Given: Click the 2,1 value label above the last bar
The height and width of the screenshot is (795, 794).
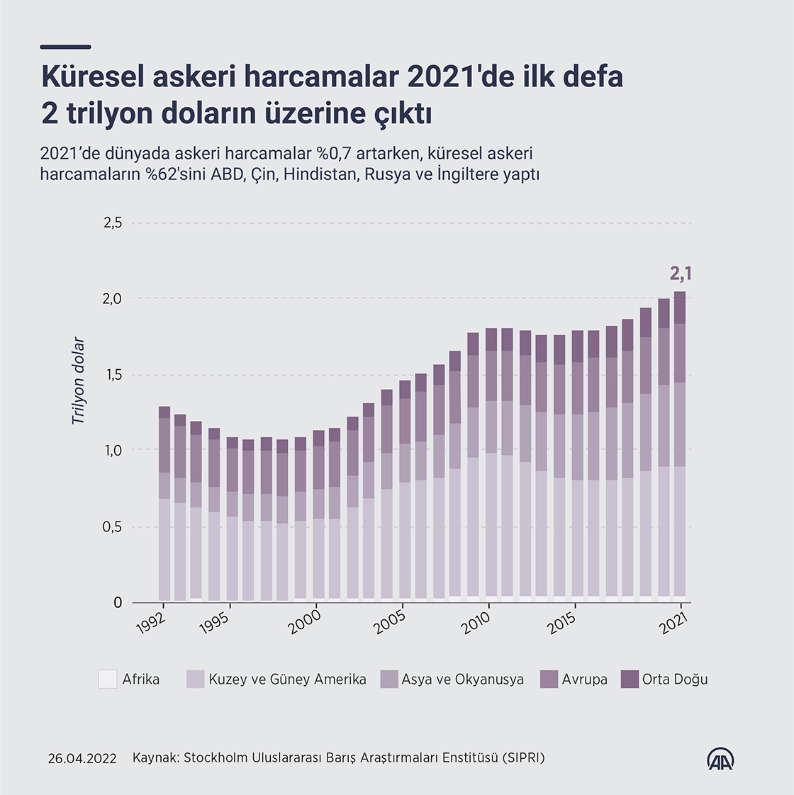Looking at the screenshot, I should tap(681, 274).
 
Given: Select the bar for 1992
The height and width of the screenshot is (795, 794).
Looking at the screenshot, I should tap(164, 503).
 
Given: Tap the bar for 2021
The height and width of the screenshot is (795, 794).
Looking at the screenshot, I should tap(680, 446).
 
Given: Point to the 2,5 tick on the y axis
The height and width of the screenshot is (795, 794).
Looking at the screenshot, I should tap(113, 223).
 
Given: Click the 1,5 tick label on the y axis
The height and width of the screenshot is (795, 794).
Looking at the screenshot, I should tap(113, 375).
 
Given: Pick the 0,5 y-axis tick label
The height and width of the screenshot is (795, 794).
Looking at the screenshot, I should tap(113, 527).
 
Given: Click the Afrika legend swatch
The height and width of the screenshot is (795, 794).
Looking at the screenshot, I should tap(107, 679).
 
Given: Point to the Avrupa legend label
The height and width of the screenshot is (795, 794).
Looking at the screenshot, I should tap(584, 679).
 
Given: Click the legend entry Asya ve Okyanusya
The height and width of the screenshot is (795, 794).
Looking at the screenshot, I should tap(462, 679).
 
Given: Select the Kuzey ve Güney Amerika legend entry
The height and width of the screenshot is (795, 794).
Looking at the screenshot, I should tap(287, 679).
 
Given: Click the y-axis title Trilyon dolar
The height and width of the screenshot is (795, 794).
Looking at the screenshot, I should tap(78, 380).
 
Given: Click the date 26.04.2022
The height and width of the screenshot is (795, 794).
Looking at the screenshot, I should tap(82, 758).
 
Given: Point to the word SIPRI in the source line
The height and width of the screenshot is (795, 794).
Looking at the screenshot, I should tap(523, 758).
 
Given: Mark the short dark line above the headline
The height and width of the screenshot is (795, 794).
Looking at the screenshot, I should tap(66, 47).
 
